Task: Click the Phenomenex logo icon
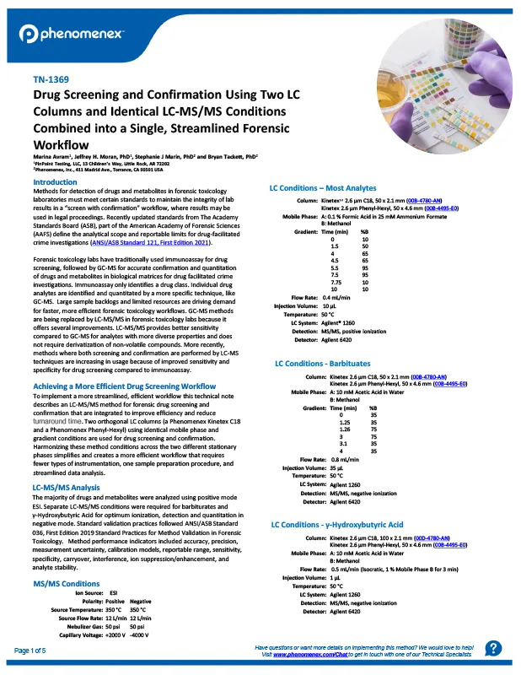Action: tap(29, 34)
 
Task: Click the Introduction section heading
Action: tap(54, 182)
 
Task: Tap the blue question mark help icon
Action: tap(495, 648)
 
